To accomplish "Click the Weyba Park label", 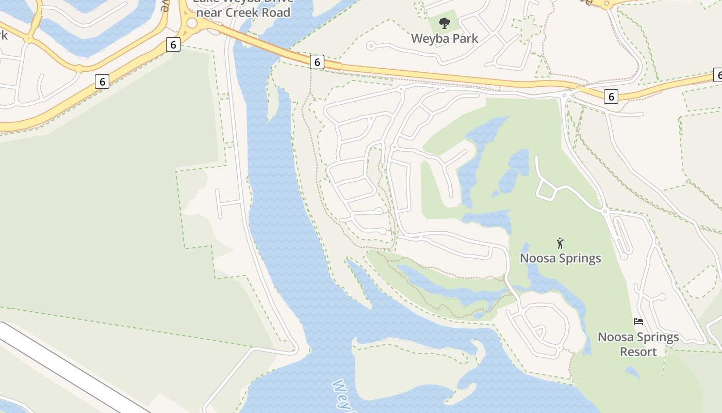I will (x=445, y=38).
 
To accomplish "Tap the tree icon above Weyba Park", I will (x=444, y=23).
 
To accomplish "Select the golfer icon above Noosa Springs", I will (x=560, y=243).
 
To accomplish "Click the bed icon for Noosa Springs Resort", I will (x=638, y=322).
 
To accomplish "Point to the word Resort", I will (x=638, y=352).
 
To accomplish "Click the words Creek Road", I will (x=260, y=12).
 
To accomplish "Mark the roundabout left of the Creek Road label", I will (x=192, y=23).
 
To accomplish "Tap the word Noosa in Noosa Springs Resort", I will (x=615, y=337).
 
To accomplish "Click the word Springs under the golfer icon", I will (x=580, y=258).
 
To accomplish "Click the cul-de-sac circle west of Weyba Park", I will (x=370, y=46).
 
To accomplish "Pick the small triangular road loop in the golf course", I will (x=546, y=192).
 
